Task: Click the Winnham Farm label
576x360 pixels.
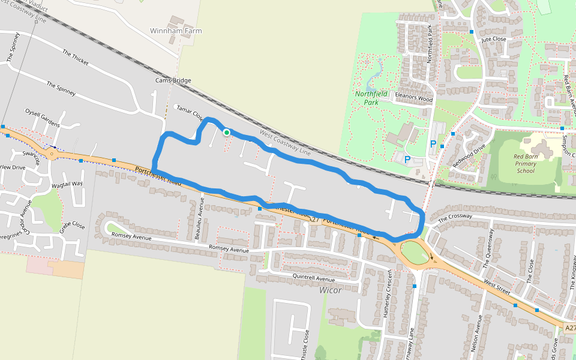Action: [176, 31]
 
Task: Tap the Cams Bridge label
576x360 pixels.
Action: [173, 80]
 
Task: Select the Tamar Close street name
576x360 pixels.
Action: [189, 113]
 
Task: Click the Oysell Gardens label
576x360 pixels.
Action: [42, 118]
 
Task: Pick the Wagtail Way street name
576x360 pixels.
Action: [67, 184]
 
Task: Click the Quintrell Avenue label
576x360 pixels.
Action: [313, 278]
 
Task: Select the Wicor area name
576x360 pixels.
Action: [330, 290]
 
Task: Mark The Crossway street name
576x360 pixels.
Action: [455, 218]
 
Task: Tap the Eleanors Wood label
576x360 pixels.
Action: [413, 98]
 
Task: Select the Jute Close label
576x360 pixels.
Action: [494, 39]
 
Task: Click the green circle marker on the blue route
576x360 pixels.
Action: [226, 132]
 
